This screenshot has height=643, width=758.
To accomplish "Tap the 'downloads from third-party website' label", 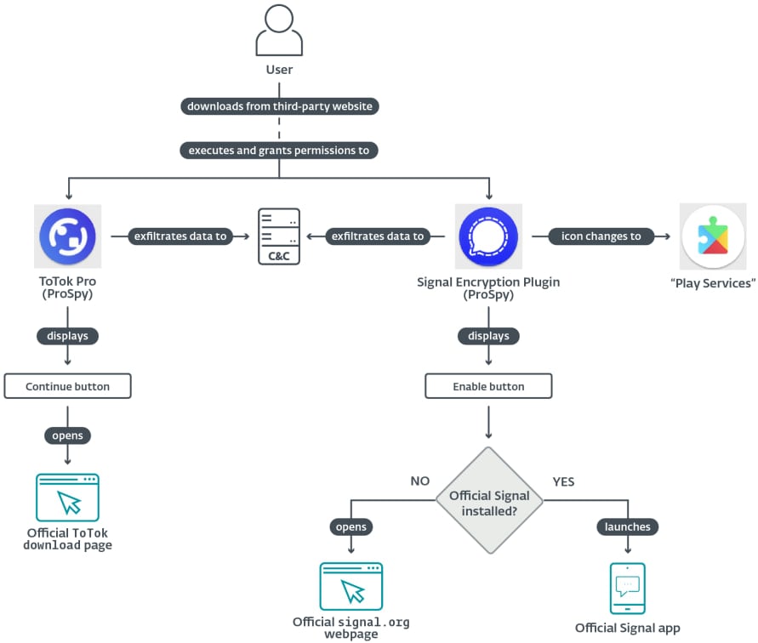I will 279,106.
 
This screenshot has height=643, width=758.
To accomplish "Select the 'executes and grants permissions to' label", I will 279,150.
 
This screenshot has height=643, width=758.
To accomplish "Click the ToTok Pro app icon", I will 67,236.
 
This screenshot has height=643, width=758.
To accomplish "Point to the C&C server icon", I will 279,236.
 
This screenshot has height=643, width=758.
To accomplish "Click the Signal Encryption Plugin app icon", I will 488,236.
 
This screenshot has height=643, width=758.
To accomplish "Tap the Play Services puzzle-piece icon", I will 713,236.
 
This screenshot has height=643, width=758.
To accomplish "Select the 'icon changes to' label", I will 601,236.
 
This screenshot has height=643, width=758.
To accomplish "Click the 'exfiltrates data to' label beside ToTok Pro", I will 180,236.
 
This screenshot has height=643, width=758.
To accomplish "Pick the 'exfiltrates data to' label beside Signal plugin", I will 377,236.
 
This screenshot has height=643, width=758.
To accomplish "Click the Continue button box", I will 67,386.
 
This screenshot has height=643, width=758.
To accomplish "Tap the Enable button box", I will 488,386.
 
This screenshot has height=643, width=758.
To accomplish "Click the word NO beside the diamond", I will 419,481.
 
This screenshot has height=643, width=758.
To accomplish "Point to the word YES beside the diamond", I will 563,481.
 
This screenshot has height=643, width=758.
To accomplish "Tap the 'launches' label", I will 628,526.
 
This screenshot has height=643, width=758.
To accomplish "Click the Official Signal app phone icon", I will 628,588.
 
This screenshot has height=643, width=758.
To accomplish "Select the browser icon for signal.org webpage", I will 351,586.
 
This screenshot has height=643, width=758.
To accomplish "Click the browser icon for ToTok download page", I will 67,498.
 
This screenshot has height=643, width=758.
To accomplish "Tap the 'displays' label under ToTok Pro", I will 67,336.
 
